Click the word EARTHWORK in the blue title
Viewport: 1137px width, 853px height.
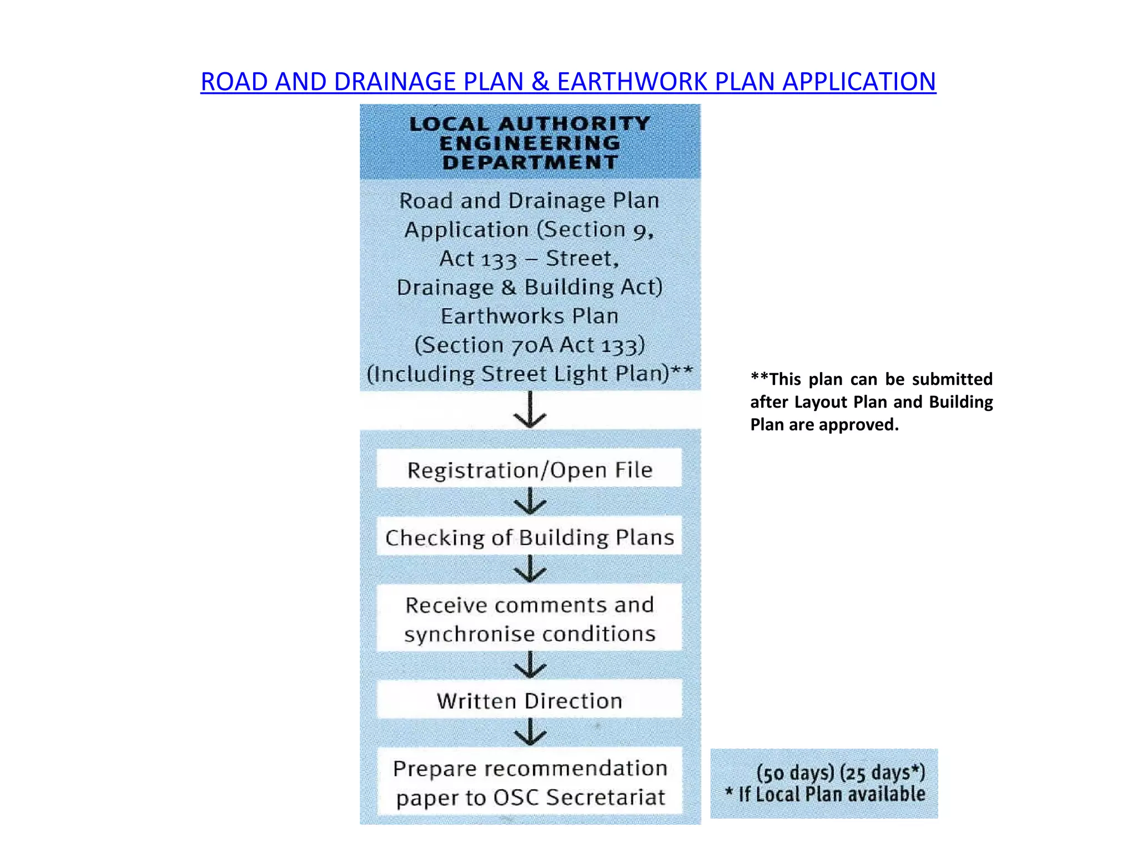pos(632,82)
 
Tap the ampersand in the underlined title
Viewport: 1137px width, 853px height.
pos(540,82)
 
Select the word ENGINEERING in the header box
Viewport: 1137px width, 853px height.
pos(530,143)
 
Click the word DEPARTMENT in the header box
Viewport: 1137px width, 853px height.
pos(530,163)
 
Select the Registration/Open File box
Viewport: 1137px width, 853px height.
pos(529,469)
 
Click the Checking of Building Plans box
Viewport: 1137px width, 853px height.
pos(529,537)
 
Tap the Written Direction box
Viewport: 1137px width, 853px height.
pos(529,700)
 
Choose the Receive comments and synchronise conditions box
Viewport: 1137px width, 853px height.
pos(529,619)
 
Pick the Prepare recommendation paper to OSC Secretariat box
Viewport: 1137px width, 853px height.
pos(529,782)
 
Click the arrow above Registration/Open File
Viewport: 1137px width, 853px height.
pos(530,410)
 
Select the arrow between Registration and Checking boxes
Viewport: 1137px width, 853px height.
pos(530,501)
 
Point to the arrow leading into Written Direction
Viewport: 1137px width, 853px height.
pos(530,664)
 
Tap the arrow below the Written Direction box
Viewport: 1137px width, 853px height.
pos(530,732)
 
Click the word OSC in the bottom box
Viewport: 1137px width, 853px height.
pos(516,797)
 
